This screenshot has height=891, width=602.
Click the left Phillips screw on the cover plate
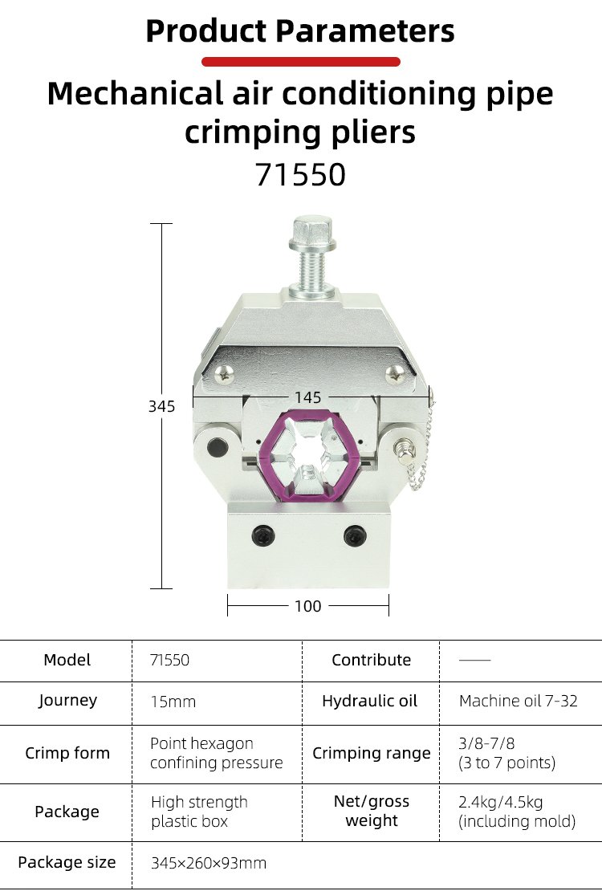pos(224,374)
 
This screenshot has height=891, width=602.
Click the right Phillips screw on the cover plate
pos(395,374)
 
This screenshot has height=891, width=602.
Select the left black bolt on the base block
pos(263,535)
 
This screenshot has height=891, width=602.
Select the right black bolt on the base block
pos(355,535)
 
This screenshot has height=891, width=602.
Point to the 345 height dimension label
pos(161,406)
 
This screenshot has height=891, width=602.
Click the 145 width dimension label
pos(307,397)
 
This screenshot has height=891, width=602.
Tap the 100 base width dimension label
pos(307,606)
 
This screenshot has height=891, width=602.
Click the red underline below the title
pos(301,62)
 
